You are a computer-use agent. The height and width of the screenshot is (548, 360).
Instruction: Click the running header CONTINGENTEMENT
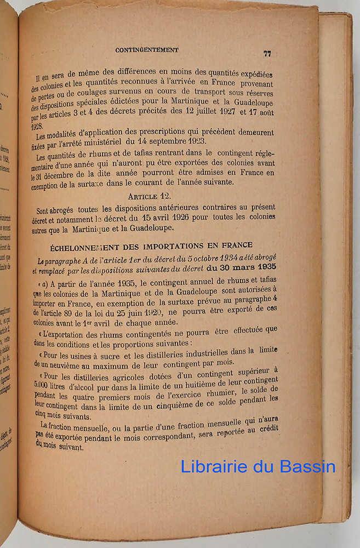[147, 50]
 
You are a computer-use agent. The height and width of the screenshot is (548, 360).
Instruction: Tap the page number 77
[267, 53]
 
